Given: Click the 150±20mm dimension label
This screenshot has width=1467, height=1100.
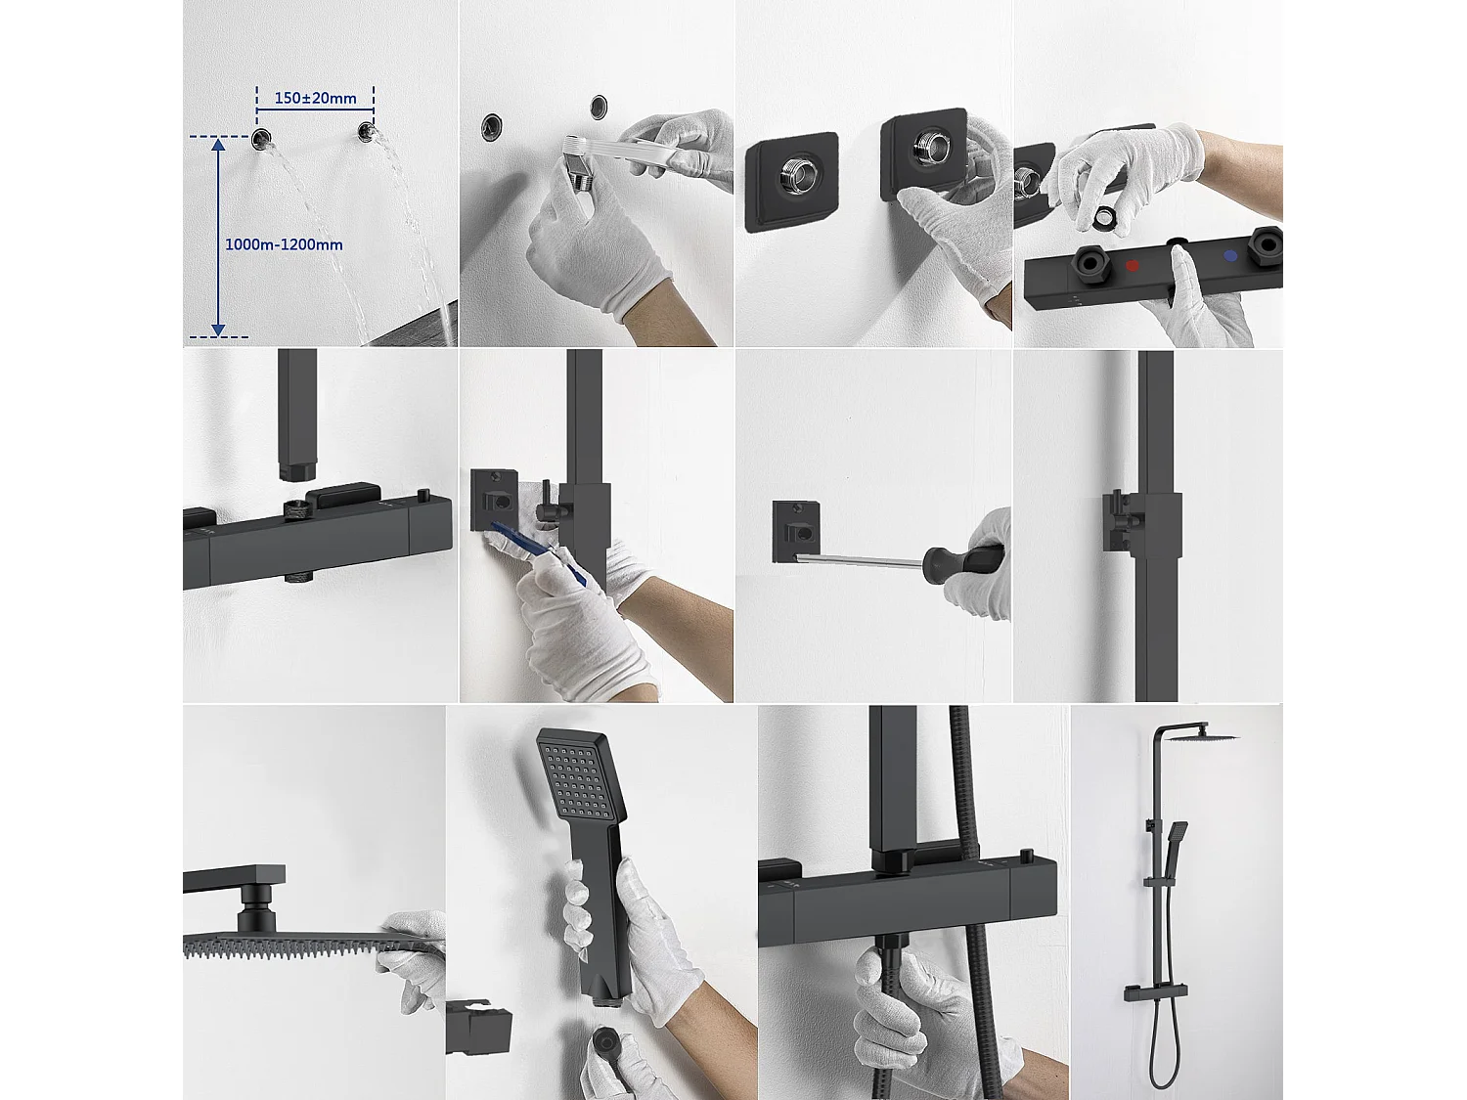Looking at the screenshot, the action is pyautogui.click(x=315, y=98).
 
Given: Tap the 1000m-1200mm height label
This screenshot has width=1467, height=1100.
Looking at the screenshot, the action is pyautogui.click(x=284, y=244).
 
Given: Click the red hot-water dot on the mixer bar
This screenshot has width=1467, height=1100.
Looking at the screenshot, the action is pyautogui.click(x=1132, y=264).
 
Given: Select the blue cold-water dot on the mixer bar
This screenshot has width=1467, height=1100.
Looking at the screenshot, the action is pyautogui.click(x=1229, y=256).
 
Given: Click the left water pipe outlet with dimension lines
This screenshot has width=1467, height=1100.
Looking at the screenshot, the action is pyautogui.click(x=261, y=139).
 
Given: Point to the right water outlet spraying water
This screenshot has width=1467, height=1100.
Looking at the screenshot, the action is pyautogui.click(x=366, y=132).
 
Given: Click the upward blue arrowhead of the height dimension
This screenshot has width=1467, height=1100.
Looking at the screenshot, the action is pyautogui.click(x=218, y=147).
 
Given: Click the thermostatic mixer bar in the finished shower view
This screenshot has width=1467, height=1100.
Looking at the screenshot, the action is pyautogui.click(x=1150, y=992).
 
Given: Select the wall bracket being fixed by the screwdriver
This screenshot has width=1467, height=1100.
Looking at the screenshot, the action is pyautogui.click(x=796, y=531).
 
